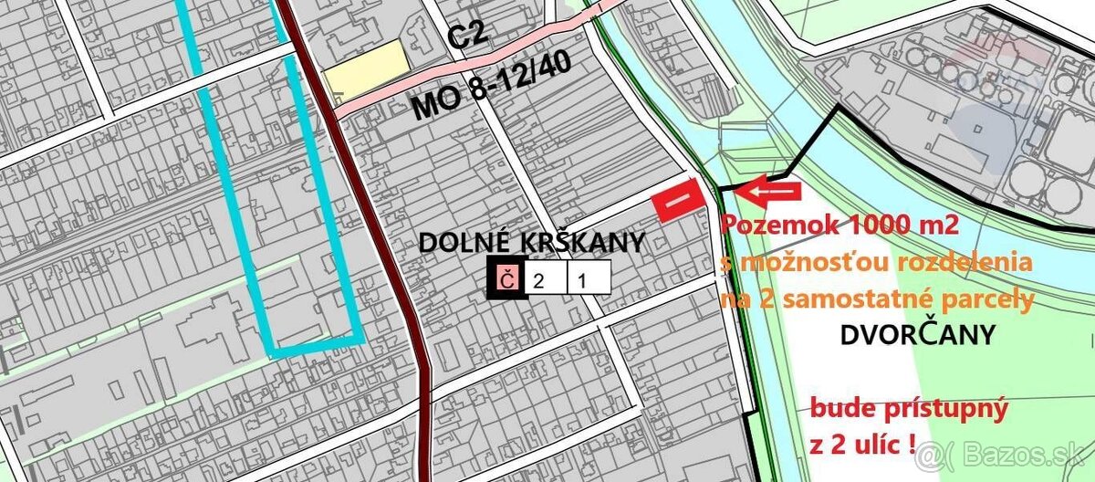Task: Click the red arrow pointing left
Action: (768, 192)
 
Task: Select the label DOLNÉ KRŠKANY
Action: (531, 243)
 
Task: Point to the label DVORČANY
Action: (916, 336)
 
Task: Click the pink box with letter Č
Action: (507, 279)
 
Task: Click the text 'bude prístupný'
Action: (909, 408)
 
